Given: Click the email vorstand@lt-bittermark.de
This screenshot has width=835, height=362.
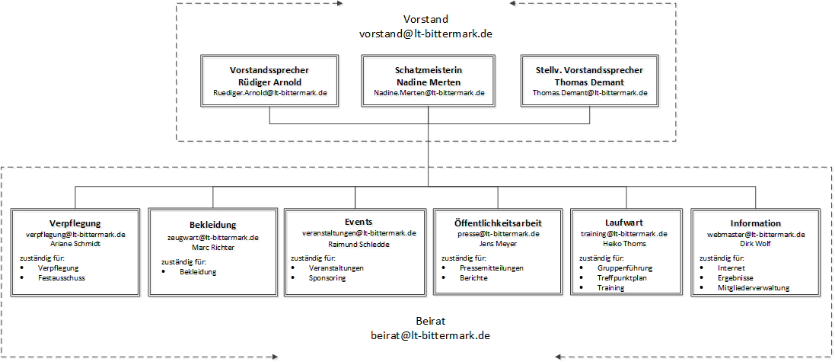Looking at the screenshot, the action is [x=425, y=33].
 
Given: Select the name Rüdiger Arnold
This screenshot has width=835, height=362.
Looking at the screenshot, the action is [x=269, y=82].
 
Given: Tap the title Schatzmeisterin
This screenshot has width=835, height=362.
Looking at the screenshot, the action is [x=429, y=70].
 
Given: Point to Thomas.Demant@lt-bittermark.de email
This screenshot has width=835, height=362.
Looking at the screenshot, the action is [x=590, y=92].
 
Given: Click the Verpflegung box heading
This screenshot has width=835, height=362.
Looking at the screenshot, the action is [x=75, y=223].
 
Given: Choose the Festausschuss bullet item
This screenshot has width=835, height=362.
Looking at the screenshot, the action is [x=61, y=277].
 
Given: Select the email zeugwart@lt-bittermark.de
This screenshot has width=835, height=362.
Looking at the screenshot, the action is [x=213, y=238].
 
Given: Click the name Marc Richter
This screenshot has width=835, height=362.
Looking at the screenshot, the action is [x=213, y=248].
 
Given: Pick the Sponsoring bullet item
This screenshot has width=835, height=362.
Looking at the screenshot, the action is [x=327, y=277].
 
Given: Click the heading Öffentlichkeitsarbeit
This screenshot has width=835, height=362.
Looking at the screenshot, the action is [x=498, y=223].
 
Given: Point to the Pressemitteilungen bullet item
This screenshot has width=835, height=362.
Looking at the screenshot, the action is [x=492, y=268].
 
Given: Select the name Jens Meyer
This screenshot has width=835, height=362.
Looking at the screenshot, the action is [x=498, y=244].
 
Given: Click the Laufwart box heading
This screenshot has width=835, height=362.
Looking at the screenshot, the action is [x=624, y=223].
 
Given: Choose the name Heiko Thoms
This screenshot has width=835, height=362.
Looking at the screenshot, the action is [x=624, y=244].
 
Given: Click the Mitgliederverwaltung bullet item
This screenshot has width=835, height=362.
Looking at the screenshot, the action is [x=754, y=288].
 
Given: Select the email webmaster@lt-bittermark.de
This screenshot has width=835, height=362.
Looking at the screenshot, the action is [x=756, y=234].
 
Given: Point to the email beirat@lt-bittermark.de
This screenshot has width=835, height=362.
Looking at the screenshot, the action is [x=430, y=336].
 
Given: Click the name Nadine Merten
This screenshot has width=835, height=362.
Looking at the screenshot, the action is [x=429, y=82].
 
